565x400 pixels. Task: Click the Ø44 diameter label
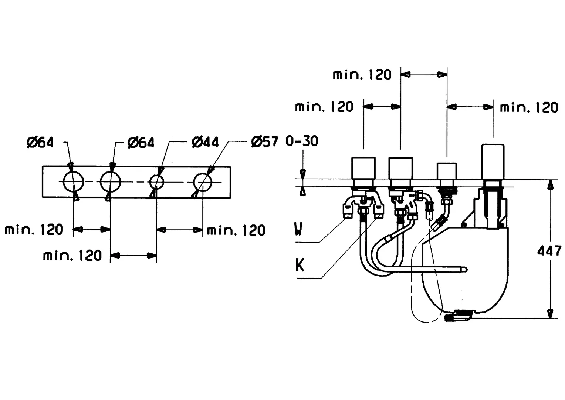click(x=205, y=142)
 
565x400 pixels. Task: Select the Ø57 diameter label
click(x=265, y=141)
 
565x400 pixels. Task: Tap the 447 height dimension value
click(x=549, y=251)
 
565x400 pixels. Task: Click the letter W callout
click(x=298, y=229)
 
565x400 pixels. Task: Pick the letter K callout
click(x=300, y=265)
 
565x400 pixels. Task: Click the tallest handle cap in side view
click(x=493, y=162)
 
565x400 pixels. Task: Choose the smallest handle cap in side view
click(x=447, y=171)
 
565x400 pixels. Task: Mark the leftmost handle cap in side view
click(x=363, y=168)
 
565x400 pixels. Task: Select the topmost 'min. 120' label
click(x=362, y=75)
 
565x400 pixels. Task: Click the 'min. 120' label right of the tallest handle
click(x=529, y=107)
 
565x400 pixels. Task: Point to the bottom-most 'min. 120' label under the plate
click(x=72, y=256)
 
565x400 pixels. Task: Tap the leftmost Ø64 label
click(x=40, y=143)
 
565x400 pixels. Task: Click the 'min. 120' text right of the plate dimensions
click(x=236, y=230)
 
